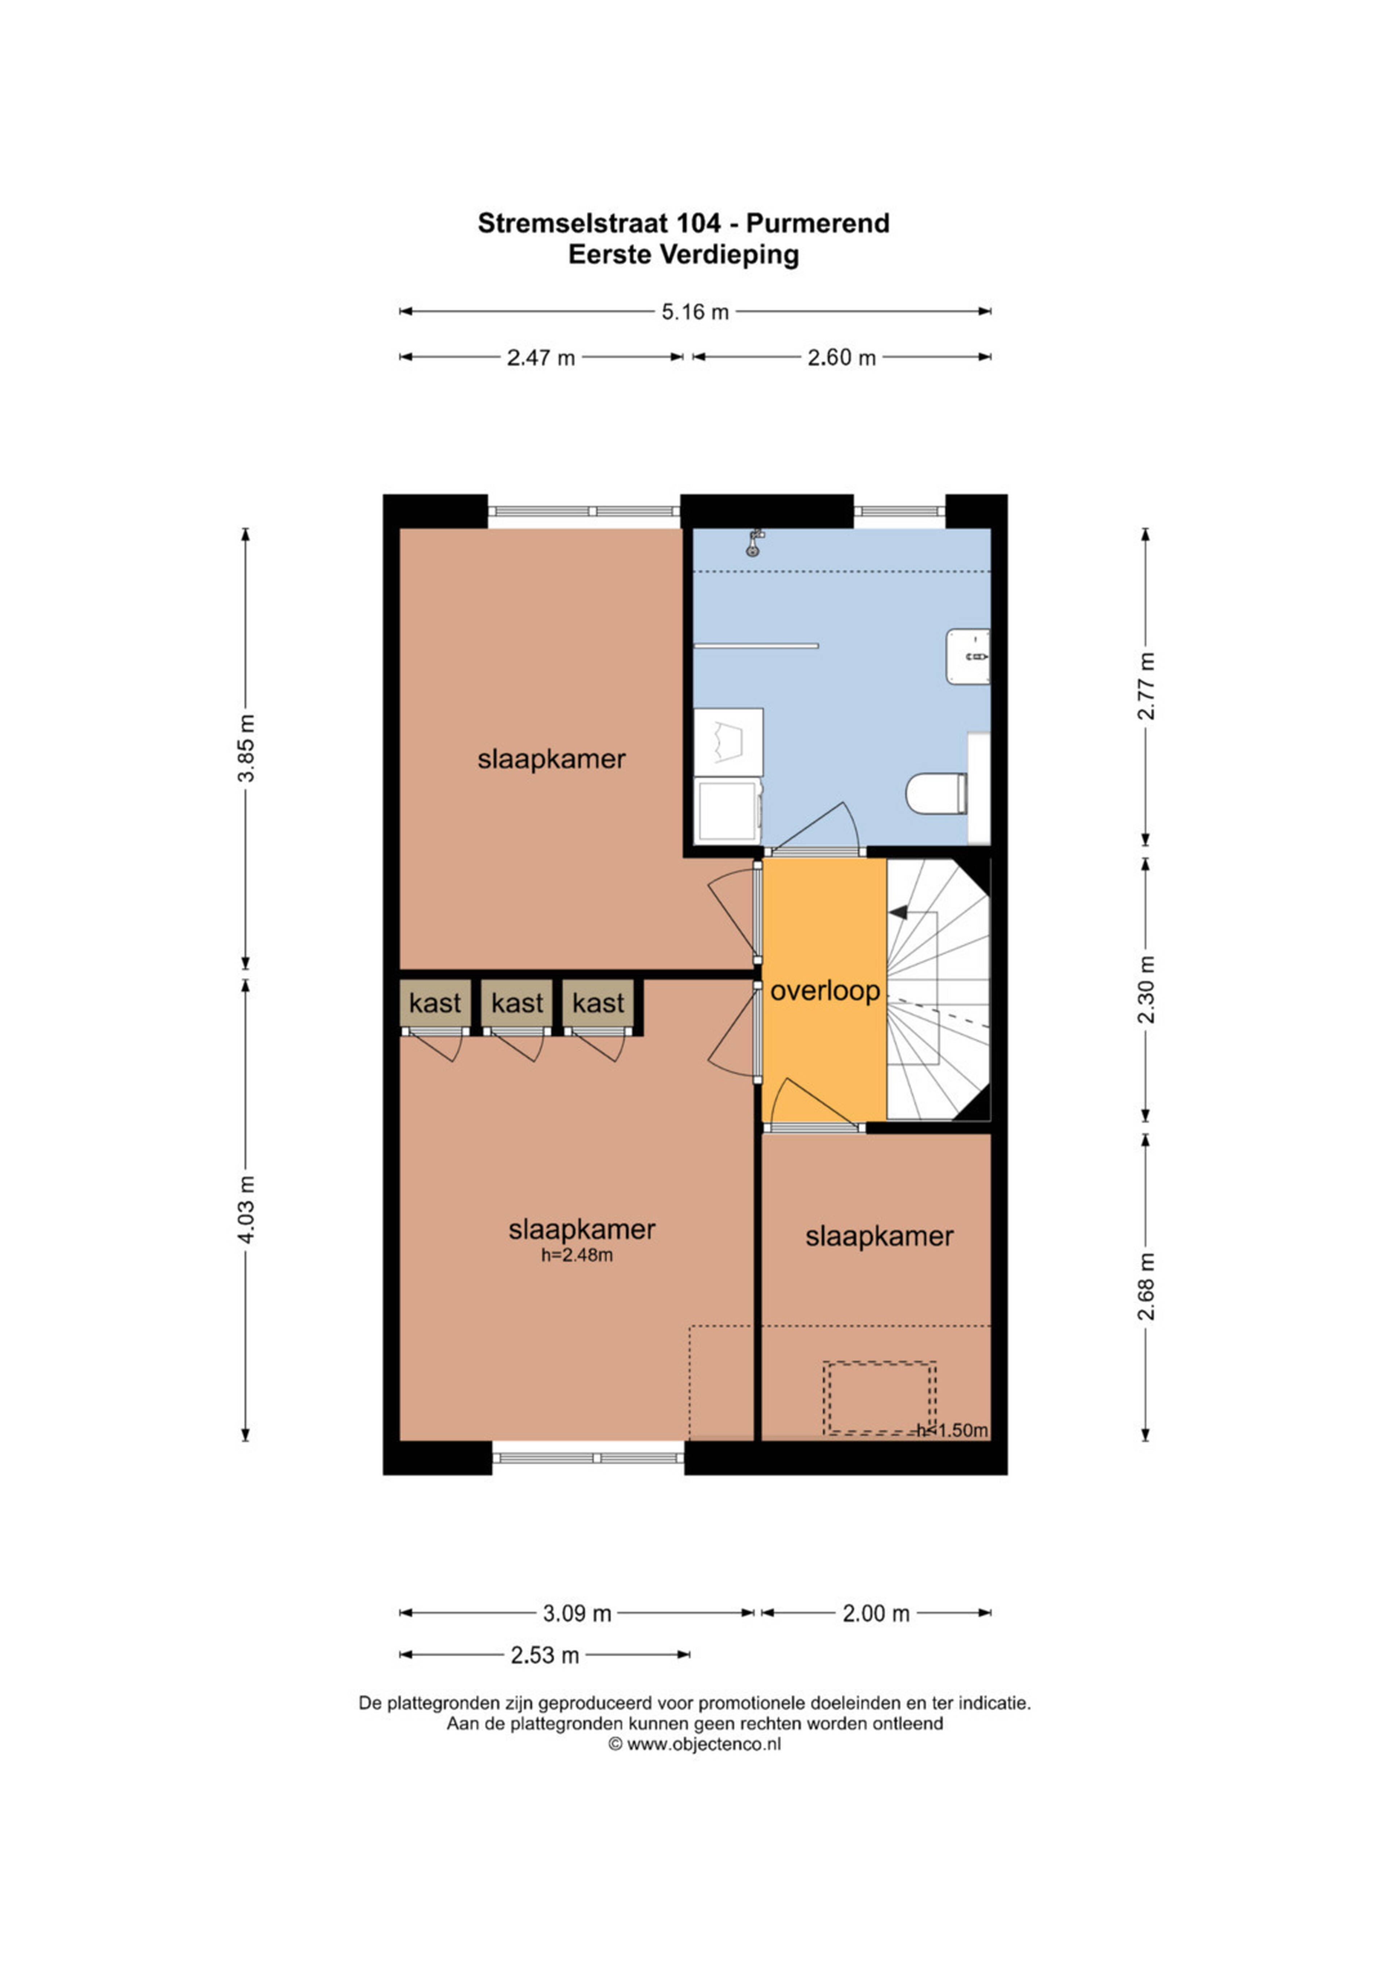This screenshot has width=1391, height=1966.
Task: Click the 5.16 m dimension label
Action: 695,312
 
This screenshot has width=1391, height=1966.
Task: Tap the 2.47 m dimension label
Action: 540,358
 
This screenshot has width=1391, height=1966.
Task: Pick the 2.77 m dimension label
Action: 1146,686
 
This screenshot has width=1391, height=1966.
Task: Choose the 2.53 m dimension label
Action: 545,1655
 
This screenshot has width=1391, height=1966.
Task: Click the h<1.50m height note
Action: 952,1430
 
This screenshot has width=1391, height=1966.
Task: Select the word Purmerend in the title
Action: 818,223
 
